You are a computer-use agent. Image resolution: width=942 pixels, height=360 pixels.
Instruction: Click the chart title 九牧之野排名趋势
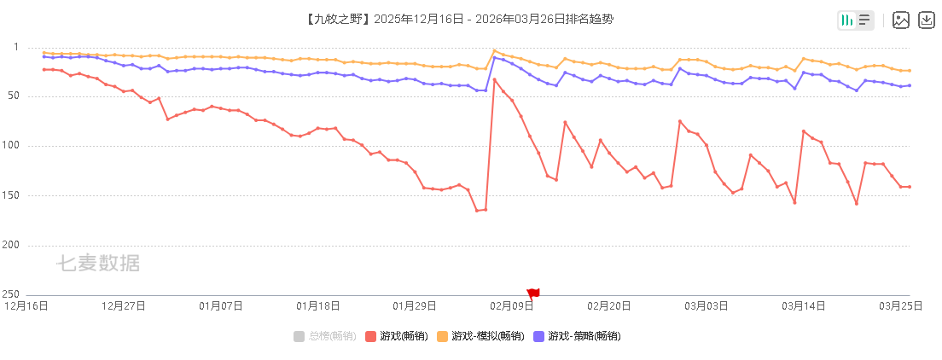(x=458, y=19)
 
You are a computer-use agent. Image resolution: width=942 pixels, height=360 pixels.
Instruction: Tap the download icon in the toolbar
(x=927, y=20)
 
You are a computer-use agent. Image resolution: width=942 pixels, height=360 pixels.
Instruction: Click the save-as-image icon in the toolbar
(x=901, y=20)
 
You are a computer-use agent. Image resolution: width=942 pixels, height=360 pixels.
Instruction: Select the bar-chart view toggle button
(x=846, y=20)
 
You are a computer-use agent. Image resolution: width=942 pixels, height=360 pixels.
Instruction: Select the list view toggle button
(x=864, y=20)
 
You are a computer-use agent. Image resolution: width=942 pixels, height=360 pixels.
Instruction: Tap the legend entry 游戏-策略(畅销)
(x=577, y=336)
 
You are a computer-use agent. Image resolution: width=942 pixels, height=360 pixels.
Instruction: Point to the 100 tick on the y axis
(x=24, y=146)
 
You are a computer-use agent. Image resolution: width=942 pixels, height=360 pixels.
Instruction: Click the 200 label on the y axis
(x=24, y=245)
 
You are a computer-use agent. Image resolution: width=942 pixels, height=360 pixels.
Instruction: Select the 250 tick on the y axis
(x=24, y=293)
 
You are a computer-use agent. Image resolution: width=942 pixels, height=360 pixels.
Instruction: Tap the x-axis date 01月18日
(x=318, y=305)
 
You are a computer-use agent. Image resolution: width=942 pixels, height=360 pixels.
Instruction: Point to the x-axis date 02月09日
(x=512, y=305)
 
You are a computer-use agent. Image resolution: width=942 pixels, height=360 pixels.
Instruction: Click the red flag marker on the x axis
(x=533, y=293)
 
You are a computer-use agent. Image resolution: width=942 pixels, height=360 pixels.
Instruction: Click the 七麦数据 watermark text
(x=98, y=264)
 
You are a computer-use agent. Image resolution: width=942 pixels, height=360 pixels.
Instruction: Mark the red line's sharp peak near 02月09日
(x=494, y=79)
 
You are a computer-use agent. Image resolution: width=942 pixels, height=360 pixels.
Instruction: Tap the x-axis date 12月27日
(x=124, y=305)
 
